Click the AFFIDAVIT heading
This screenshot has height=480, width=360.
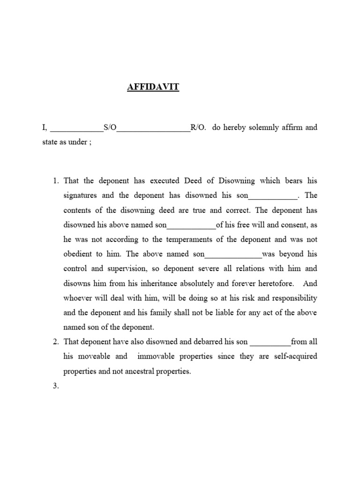[x=153, y=87]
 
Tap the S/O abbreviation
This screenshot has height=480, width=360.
[x=109, y=127]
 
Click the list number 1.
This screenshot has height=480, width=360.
[x=55, y=181]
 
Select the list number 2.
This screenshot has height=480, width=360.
[x=55, y=342]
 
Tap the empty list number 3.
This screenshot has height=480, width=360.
[x=55, y=386]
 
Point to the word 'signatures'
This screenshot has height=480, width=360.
[x=81, y=195]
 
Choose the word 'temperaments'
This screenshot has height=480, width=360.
[x=189, y=239]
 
